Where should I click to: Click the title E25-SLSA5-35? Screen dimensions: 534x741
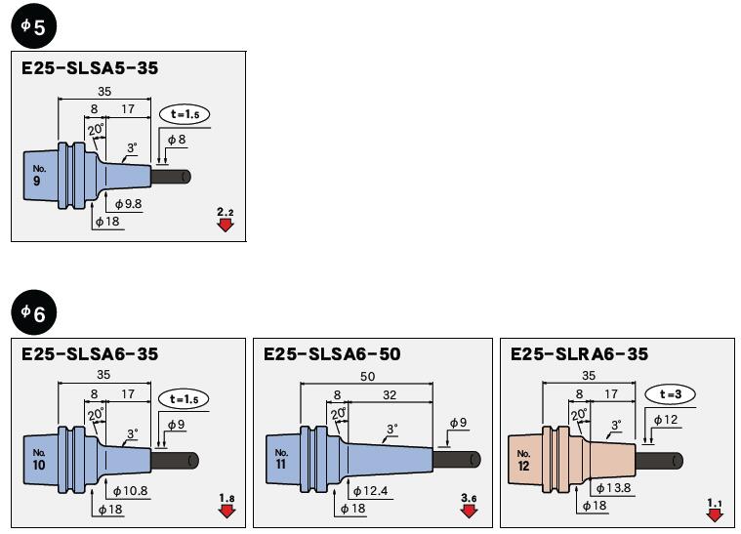point(90,68)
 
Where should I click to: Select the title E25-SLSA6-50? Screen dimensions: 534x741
point(332,354)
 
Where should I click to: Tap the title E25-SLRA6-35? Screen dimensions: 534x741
point(579,354)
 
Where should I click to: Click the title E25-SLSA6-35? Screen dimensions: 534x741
point(90,354)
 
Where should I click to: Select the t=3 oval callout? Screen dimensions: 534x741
point(670,393)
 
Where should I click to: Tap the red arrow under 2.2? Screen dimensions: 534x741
point(226,225)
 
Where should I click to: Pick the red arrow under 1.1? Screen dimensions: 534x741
point(716,512)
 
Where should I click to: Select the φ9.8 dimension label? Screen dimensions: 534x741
point(128,203)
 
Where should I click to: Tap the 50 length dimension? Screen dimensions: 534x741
point(366,376)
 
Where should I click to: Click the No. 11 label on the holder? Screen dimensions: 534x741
point(281,458)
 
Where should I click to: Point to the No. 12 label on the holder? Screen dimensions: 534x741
point(523,459)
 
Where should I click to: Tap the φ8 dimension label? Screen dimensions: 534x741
point(177,141)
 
